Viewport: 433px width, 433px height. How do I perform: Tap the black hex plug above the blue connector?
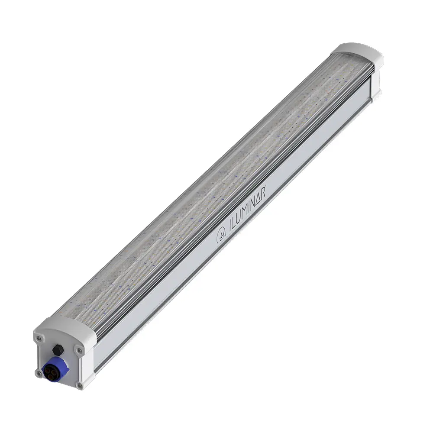click(58, 349)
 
